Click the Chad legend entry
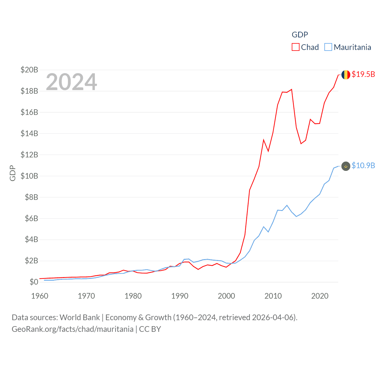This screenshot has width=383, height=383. tap(306, 47)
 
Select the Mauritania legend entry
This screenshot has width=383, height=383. tap(348, 47)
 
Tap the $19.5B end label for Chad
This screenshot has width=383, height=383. tap(363, 74)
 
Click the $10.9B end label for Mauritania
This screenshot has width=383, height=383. tap(363, 165)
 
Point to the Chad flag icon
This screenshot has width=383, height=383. tap(346, 75)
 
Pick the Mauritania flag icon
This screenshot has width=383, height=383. tap(346, 166)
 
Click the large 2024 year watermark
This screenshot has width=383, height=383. tap(71, 82)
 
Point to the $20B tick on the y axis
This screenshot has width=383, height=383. tap(29, 70)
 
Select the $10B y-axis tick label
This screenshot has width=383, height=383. tap(29, 176)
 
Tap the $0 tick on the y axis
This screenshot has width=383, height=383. tap(34, 282)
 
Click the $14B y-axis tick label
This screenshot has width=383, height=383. tap(29, 133)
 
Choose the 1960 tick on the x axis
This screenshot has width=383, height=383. tap(40, 296)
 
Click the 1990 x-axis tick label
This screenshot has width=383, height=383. tap(180, 296)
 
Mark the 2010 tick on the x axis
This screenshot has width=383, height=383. tap(273, 296)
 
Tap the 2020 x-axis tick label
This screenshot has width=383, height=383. tap(320, 296)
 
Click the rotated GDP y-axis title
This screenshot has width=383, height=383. tap(13, 173)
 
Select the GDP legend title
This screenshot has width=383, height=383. tap(300, 35)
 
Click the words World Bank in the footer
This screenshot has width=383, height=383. tap(80, 317)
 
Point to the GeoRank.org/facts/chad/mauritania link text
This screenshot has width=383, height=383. tap(72, 329)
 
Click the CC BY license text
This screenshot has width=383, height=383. tap(150, 329)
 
